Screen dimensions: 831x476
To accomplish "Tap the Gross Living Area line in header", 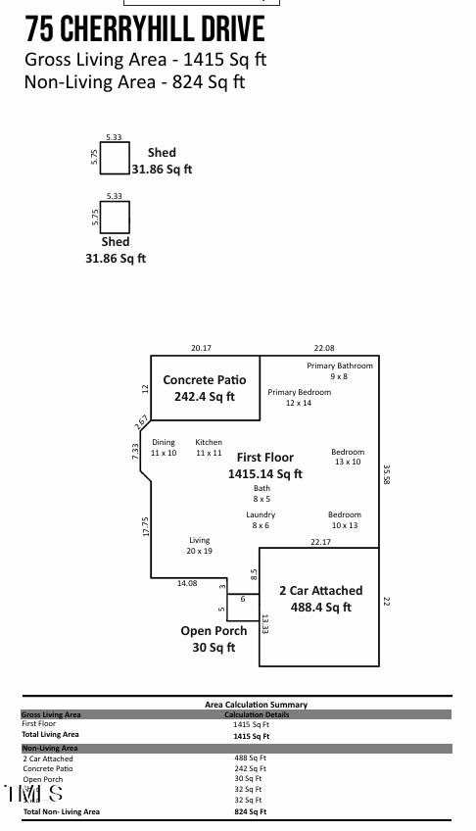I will [x=145, y=59].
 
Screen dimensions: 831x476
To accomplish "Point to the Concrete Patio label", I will [x=204, y=380].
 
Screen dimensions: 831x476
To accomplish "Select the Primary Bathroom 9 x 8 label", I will [x=339, y=371].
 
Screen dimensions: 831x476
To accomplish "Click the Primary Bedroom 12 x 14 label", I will [x=299, y=398].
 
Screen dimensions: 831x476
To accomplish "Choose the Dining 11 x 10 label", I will [x=164, y=448].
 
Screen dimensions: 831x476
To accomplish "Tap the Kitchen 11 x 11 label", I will [x=209, y=448].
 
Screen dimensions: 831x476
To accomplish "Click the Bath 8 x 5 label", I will [x=262, y=494].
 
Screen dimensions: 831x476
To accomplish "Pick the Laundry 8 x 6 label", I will [x=261, y=520].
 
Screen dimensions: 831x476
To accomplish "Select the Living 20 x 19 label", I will [x=199, y=546].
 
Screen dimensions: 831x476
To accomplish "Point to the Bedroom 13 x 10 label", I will [x=348, y=457].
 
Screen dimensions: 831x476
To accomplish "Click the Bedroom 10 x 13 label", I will [x=344, y=520].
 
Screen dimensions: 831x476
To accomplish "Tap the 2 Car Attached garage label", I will [x=320, y=591].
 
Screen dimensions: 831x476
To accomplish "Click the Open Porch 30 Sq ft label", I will [x=214, y=639].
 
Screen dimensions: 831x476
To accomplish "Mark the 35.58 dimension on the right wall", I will [x=387, y=475].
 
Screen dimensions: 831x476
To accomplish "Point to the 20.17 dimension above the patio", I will [x=201, y=348].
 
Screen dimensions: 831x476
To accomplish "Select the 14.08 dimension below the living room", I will [x=186, y=583].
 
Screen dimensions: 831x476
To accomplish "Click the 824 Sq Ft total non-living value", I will [x=250, y=811].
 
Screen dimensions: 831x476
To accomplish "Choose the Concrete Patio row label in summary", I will [x=48, y=768].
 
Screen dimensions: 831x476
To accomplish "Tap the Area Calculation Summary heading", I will [x=256, y=705].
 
